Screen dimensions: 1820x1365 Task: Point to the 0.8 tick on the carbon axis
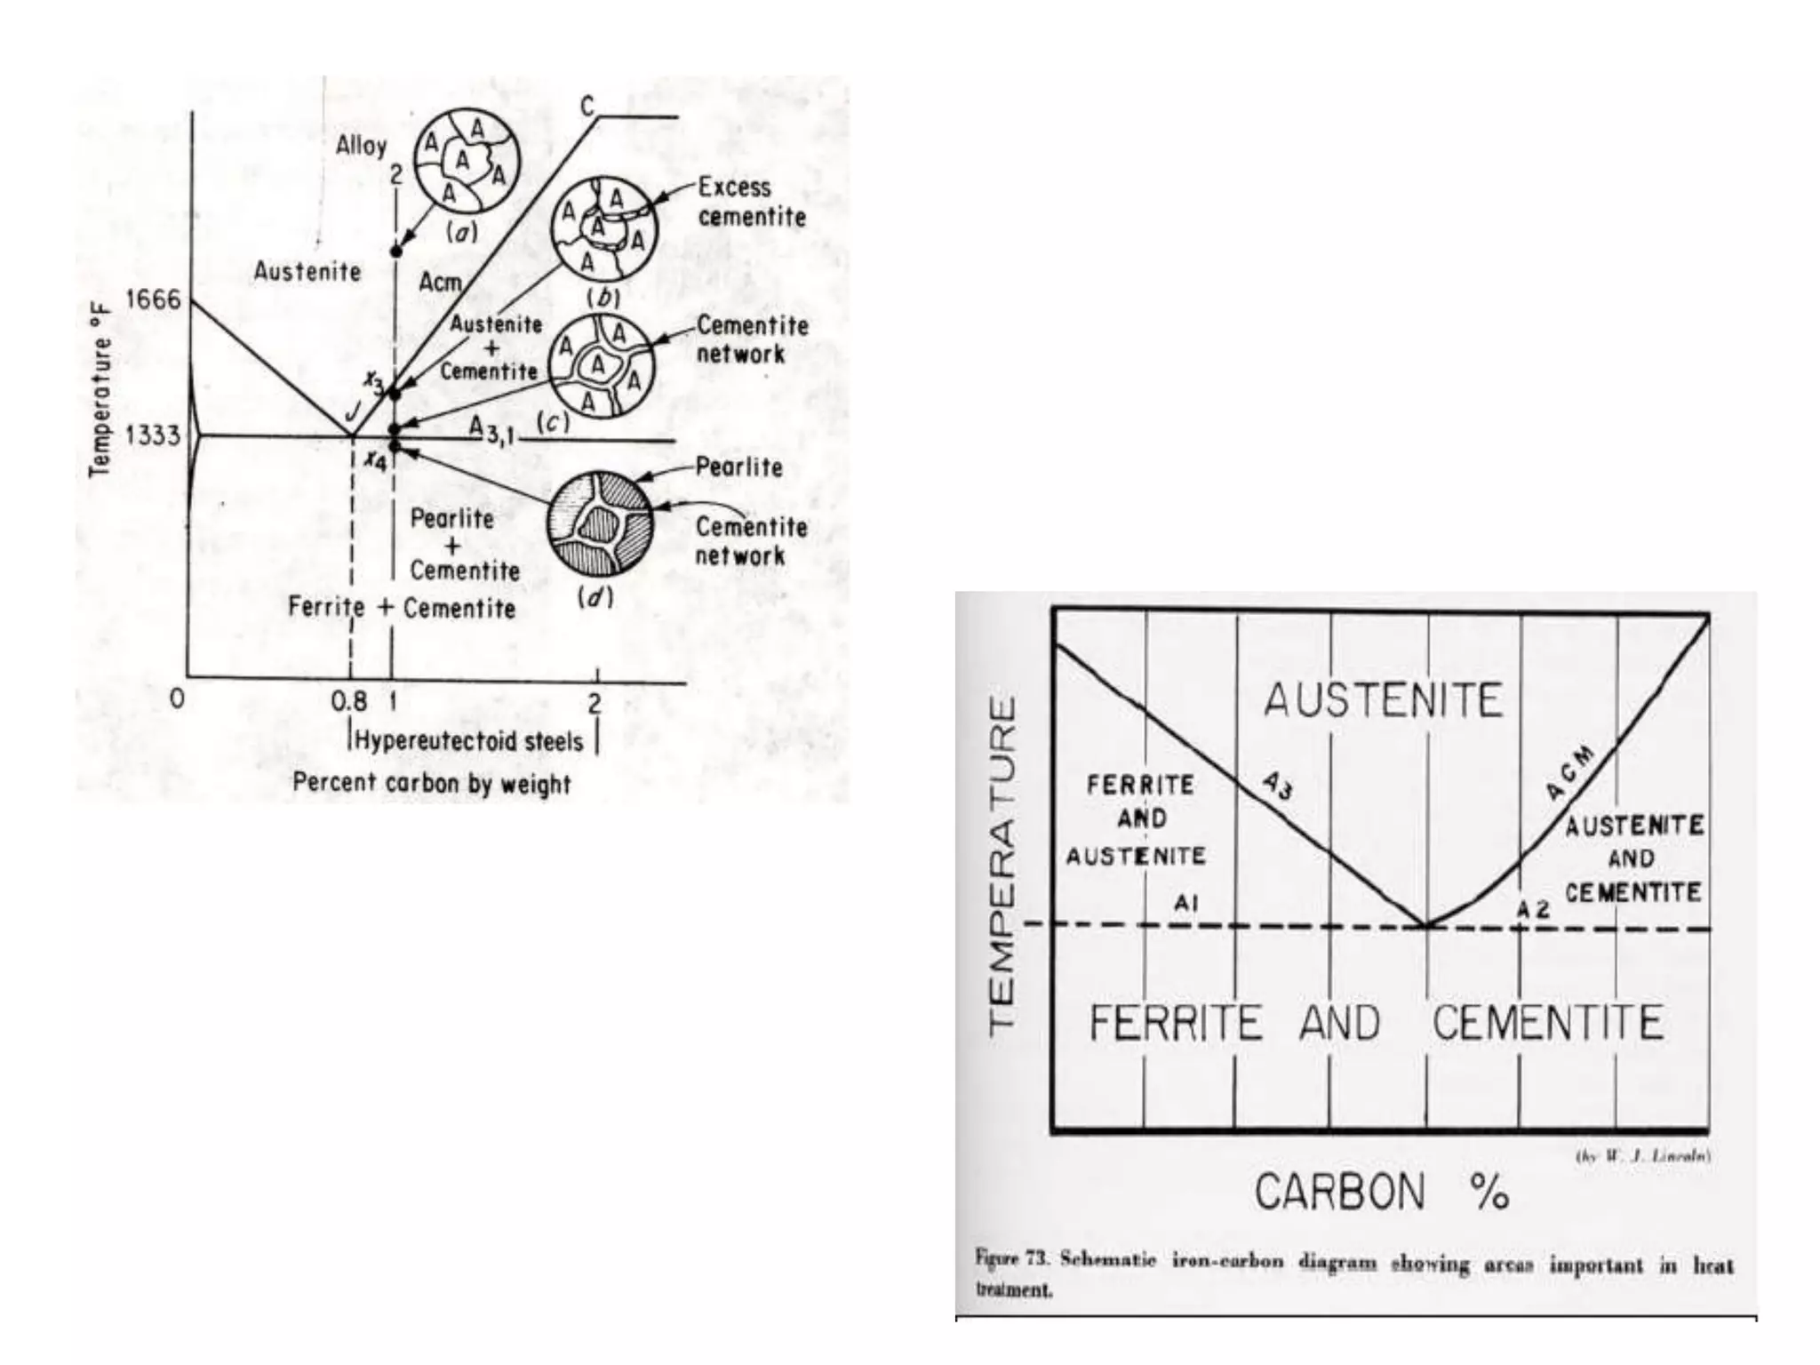coord(348,701)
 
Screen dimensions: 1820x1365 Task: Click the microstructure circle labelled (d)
coord(600,524)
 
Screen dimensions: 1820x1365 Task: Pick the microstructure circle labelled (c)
coord(601,365)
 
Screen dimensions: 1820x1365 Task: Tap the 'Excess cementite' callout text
coord(752,202)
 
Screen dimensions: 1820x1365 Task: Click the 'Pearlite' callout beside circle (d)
coord(738,467)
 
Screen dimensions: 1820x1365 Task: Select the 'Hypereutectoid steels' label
coord(469,741)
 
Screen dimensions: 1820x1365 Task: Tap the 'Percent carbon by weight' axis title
coord(432,783)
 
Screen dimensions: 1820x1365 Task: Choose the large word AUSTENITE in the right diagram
coord(1383,699)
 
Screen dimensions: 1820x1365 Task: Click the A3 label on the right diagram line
coord(1278,785)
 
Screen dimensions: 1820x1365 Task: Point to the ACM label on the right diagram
coord(1569,773)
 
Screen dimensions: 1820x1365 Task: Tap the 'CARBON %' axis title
coord(1381,1192)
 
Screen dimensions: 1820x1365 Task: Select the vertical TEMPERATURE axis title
coord(1002,862)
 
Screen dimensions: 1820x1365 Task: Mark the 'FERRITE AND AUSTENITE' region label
coord(1137,819)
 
